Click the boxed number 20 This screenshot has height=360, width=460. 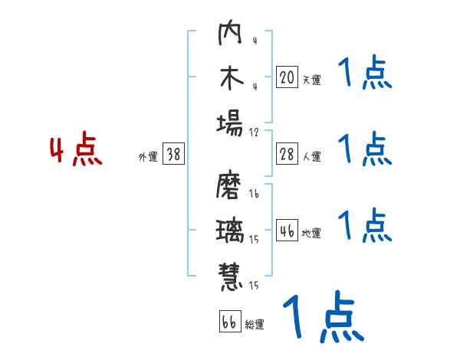pos(287,77)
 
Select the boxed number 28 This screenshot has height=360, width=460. pos(287,153)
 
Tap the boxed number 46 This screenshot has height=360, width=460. pos(287,230)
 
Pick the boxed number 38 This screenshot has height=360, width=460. pos(173,153)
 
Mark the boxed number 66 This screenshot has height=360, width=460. pos(228,321)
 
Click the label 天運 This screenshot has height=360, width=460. pos(311,80)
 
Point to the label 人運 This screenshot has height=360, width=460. pos(311,157)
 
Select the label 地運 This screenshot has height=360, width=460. pos(311,234)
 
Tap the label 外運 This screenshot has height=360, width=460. pos(147,157)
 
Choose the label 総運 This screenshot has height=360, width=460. pos(255,325)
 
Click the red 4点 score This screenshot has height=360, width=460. pos(76,150)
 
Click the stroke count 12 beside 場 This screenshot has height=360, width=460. pos(254,132)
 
